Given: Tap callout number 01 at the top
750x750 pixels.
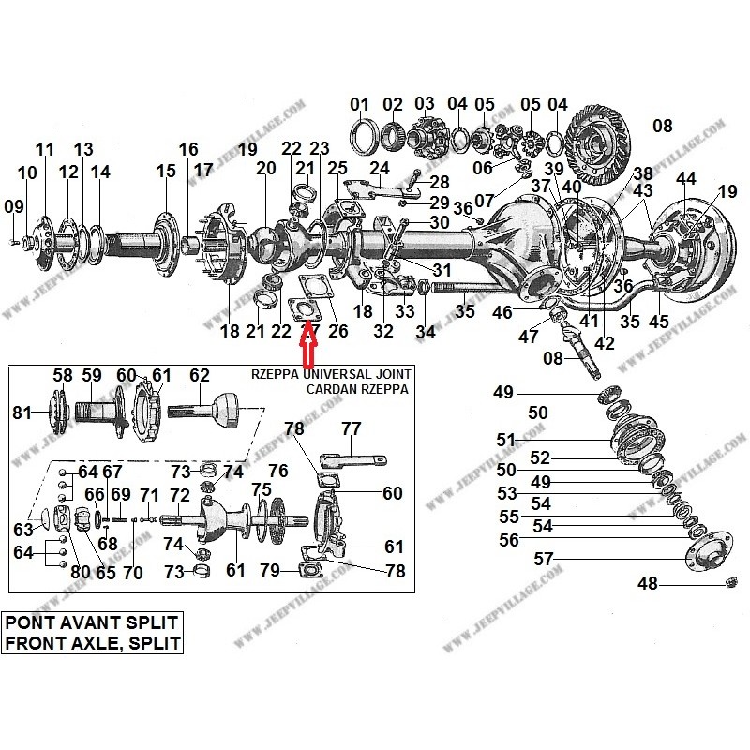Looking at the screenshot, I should pos(360,104).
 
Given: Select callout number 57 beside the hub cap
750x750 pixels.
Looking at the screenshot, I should pos(545,560).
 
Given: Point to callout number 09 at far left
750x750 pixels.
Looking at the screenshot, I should pos(13,206).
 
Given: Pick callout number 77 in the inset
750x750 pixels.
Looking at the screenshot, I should pos(351,429).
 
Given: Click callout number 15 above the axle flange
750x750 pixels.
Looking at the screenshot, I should pos(166,171).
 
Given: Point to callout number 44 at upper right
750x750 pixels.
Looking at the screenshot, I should pos(686,178).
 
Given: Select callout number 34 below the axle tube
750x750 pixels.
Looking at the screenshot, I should pos(426,331).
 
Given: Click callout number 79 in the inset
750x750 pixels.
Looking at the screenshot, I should pos(270,570).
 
